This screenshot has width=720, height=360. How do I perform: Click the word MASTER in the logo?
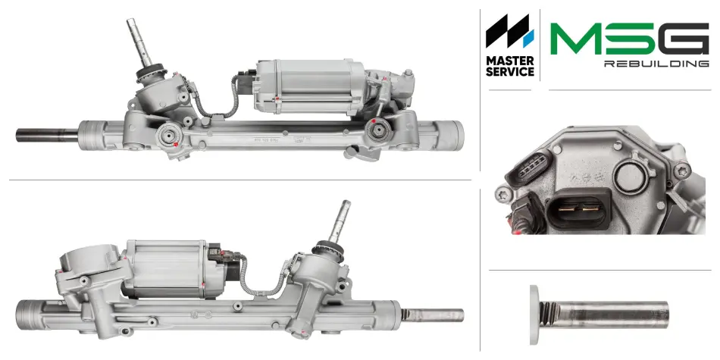[510, 61]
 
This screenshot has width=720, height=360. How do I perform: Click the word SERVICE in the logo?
[510, 72]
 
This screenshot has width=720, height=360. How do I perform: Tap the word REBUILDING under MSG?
[656, 64]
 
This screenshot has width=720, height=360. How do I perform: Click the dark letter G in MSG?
[684, 39]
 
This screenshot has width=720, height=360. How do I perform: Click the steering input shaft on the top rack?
[139, 42]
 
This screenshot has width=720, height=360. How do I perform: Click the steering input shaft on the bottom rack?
[340, 222]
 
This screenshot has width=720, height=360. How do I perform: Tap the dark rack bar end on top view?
[47, 135]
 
